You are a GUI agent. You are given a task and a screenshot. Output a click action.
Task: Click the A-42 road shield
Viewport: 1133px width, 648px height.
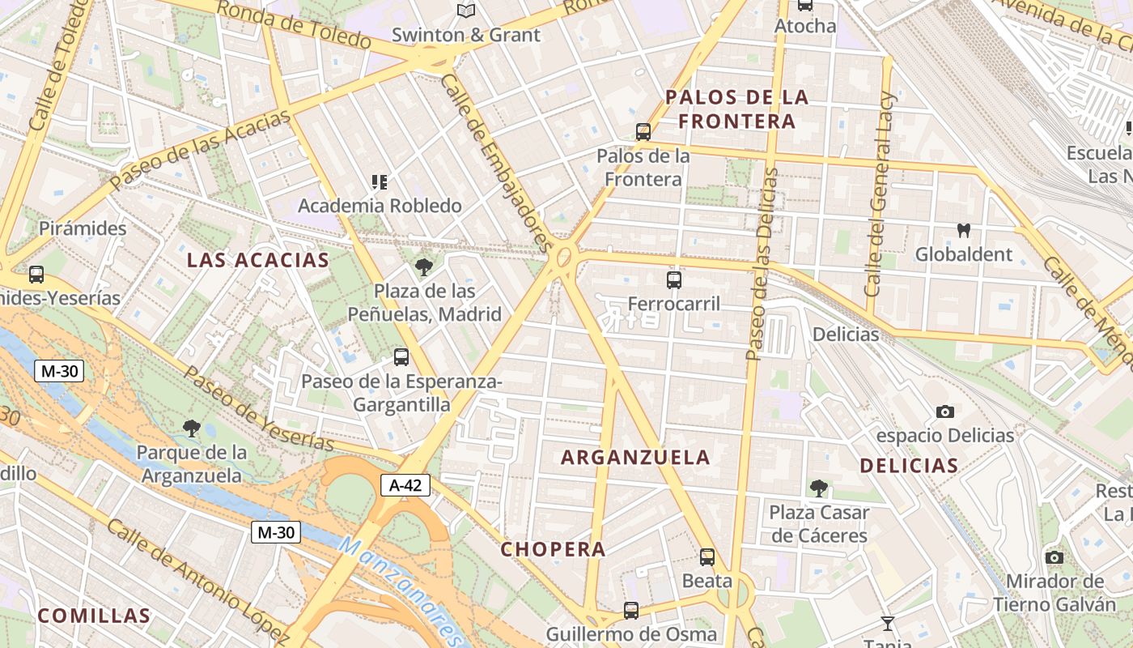(x=405, y=485)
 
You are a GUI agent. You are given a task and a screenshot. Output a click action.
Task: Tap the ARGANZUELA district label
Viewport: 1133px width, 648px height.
(x=635, y=458)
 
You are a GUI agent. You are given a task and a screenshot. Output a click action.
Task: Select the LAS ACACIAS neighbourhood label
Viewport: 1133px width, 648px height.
(x=258, y=261)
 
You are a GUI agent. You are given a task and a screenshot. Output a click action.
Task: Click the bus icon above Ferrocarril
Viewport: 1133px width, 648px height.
(x=673, y=280)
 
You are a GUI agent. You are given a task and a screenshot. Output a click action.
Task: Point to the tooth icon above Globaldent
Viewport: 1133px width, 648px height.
(x=963, y=230)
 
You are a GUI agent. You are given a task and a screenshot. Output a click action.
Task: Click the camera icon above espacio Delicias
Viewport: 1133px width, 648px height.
(x=944, y=411)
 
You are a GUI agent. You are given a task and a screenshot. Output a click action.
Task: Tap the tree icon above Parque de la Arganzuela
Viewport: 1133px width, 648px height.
(x=192, y=428)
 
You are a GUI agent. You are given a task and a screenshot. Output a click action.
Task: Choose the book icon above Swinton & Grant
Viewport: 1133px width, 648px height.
(x=465, y=11)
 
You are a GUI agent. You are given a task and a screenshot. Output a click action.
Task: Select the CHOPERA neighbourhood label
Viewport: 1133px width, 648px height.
(x=553, y=549)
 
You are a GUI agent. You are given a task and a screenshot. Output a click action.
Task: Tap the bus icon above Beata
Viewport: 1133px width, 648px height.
(x=707, y=556)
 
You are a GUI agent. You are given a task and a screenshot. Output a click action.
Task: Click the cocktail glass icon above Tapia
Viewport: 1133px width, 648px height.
(x=888, y=623)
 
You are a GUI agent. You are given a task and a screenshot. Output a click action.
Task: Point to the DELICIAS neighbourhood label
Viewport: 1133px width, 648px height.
(x=909, y=466)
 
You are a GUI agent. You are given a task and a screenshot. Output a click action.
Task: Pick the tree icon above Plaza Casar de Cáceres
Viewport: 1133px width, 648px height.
(x=819, y=488)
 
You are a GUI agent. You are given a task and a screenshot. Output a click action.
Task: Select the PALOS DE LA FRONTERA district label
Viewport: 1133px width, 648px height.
(x=736, y=109)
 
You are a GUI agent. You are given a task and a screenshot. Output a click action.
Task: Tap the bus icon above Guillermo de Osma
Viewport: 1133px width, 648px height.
(x=631, y=610)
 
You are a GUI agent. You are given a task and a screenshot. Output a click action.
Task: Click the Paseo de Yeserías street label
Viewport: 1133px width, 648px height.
(x=258, y=409)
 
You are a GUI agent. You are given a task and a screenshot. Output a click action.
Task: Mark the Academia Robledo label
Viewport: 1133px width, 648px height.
(x=380, y=206)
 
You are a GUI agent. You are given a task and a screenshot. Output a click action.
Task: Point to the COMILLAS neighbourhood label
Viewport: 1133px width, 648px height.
(x=94, y=616)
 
